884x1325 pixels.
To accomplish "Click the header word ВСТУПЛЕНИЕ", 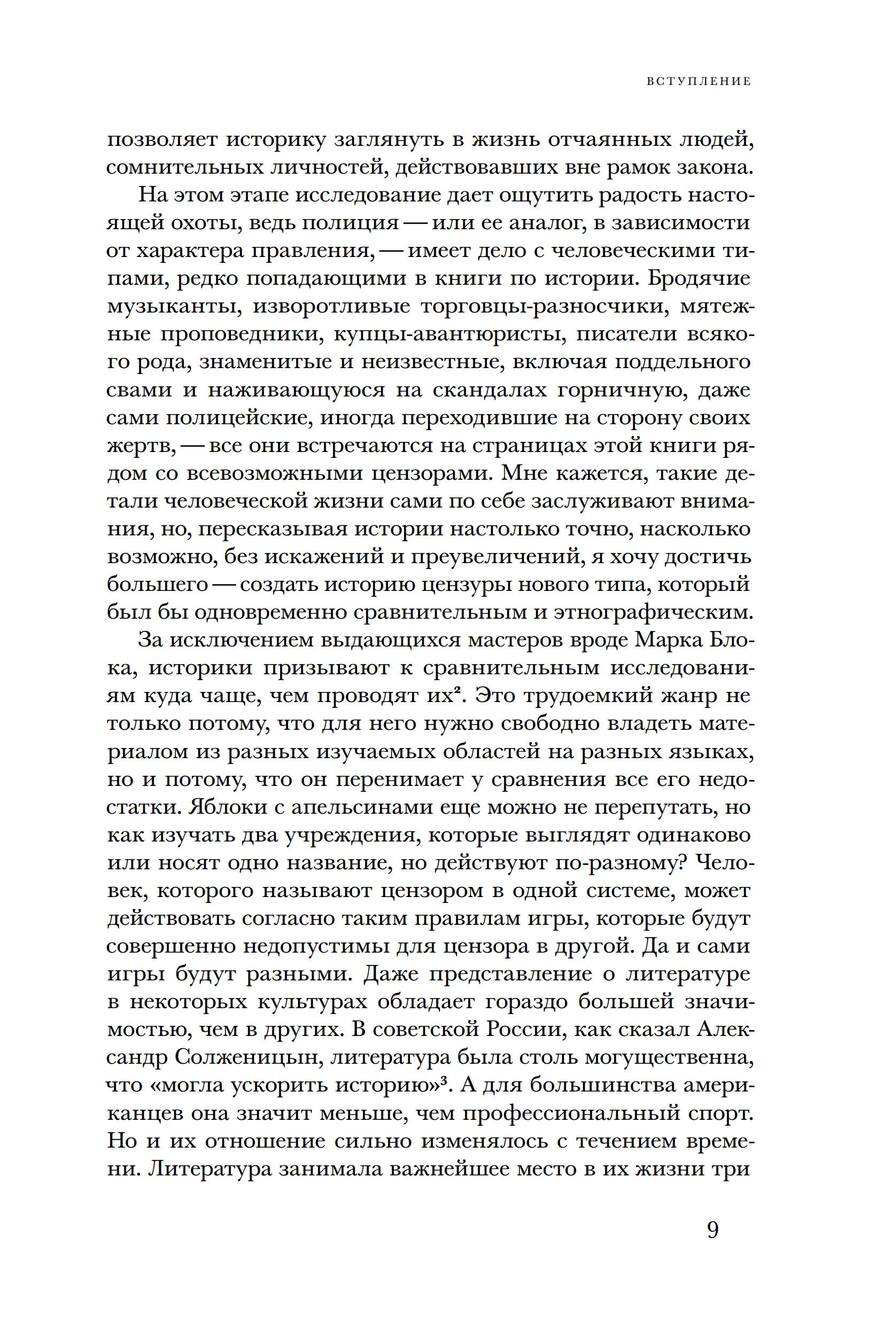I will coord(699,81).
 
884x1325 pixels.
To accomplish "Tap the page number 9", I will coord(712,1230).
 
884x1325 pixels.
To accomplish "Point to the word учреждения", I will coord(350,835).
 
